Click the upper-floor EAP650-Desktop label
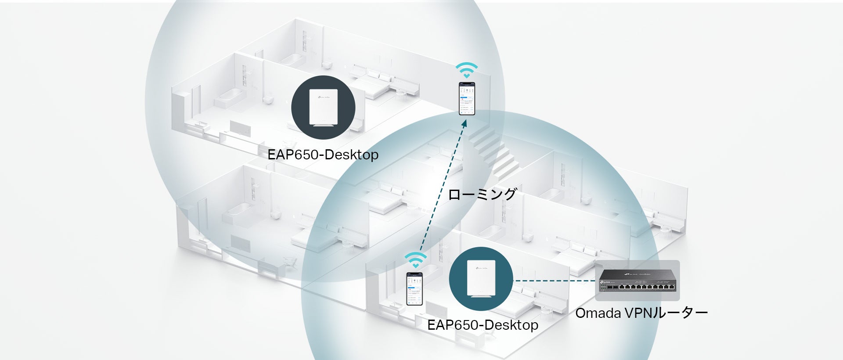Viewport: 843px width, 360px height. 323,155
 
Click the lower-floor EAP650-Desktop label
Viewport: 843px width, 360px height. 483,325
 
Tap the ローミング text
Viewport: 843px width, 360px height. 482,194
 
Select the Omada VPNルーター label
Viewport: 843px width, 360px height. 641,313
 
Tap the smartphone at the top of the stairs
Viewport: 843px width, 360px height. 467,99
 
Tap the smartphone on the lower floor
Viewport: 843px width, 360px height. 414,288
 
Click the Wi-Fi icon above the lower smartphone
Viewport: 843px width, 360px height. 415,260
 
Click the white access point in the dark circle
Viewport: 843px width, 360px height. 323,108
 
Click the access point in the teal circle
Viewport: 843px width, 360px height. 481,279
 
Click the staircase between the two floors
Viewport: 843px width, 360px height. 494,149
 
